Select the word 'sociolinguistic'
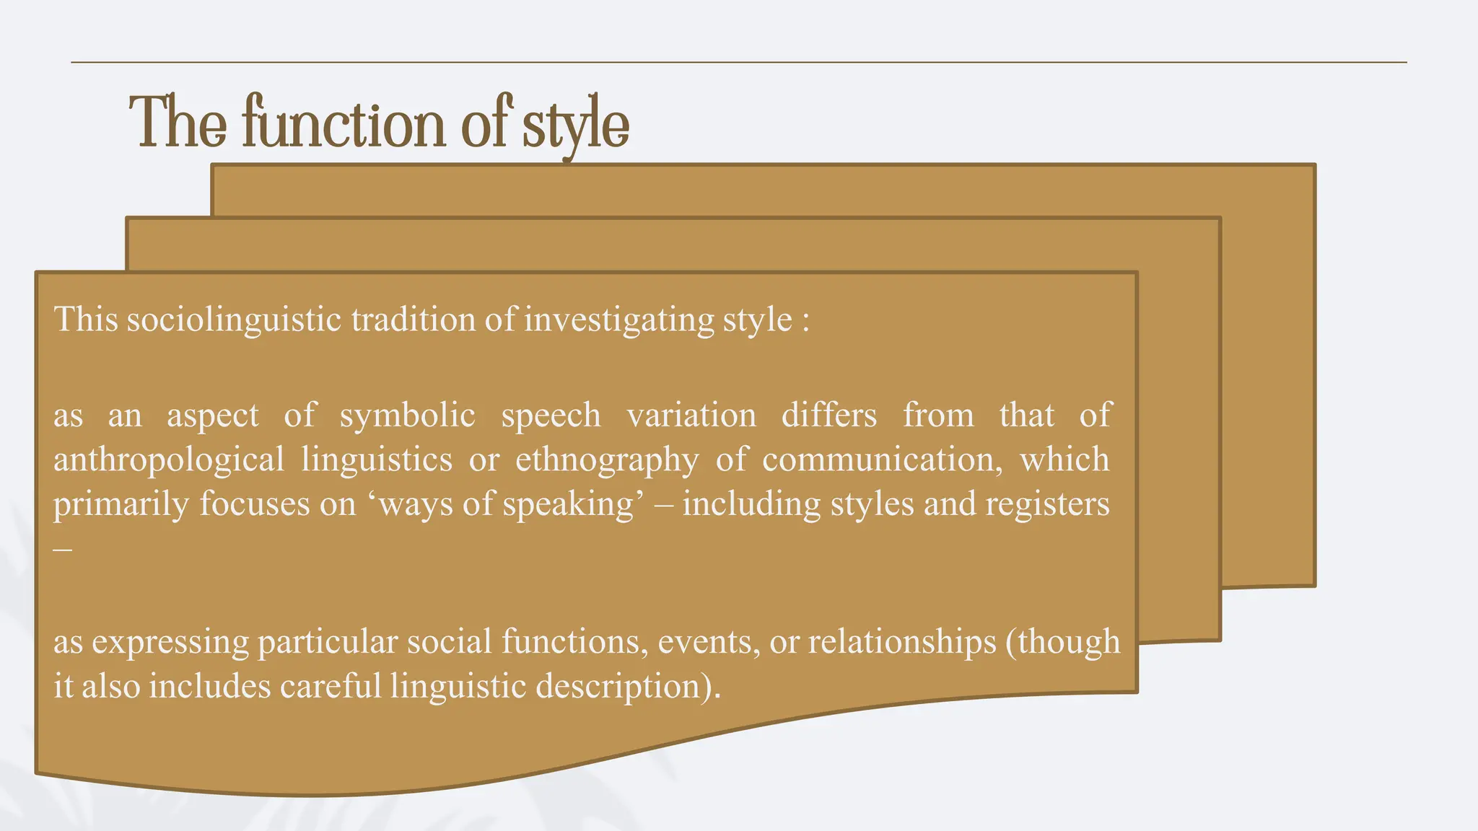click(x=233, y=320)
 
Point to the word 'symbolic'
click(x=407, y=415)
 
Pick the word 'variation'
click(x=691, y=415)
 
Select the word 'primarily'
click(x=121, y=504)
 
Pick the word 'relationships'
click(x=902, y=641)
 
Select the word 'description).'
click(x=628, y=686)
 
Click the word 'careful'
click(x=330, y=686)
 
